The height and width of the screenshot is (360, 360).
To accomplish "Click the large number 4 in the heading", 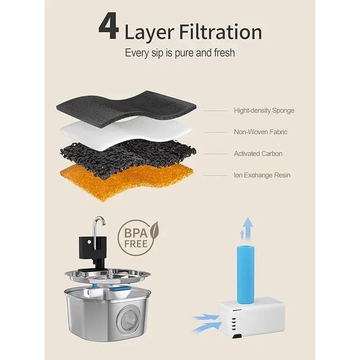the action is [x=109, y=27].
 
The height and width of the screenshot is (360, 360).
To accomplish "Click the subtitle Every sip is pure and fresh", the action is [x=180, y=53].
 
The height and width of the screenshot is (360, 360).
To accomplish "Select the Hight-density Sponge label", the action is [x=264, y=111].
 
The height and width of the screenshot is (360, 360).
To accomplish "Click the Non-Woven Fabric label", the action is [x=261, y=132].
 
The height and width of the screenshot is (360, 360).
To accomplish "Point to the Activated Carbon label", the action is [x=258, y=153].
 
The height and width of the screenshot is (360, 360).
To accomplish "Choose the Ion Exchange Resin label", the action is [x=262, y=175].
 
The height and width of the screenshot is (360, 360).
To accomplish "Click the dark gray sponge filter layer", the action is [x=126, y=108].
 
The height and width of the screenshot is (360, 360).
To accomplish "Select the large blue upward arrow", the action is [x=248, y=229].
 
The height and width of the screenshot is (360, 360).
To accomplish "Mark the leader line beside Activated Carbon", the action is [x=216, y=154].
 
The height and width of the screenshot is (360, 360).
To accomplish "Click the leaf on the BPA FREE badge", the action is [x=154, y=229].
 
